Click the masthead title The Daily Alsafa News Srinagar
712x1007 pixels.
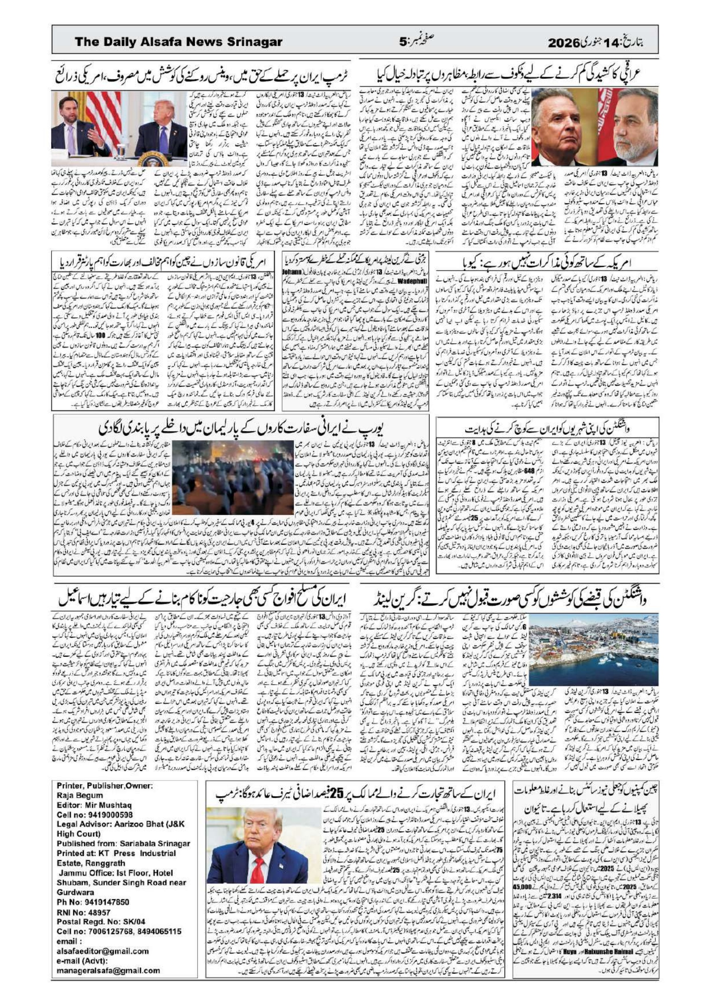(x=178, y=42)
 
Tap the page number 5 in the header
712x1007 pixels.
(x=402, y=43)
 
